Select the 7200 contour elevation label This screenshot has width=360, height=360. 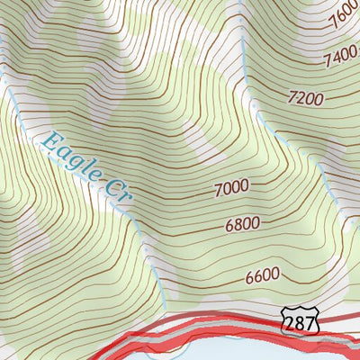(304, 96)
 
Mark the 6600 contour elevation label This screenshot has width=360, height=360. (262, 275)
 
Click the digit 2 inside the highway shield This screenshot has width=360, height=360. (291, 322)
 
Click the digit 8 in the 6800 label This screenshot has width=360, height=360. (236, 223)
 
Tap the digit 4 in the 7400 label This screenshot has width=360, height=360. (336, 58)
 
